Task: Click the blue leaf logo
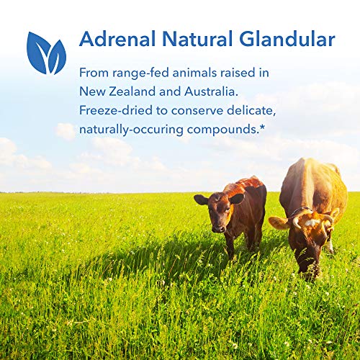pyautogui.click(x=46, y=53)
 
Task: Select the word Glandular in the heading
pyautogui.click(x=286, y=39)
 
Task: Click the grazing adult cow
pyautogui.click(x=313, y=209)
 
